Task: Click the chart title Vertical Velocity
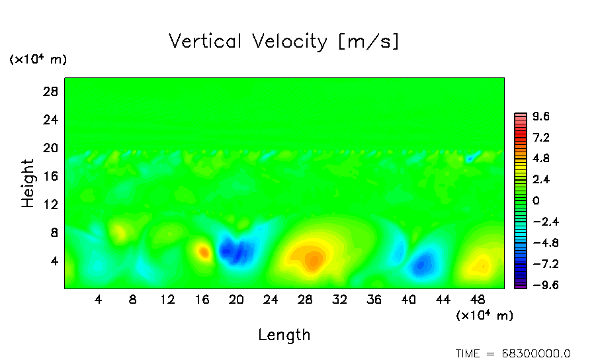pos(284,42)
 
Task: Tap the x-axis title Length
pos(284,335)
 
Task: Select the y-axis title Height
pos(28,183)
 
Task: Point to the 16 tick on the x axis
pos(202,299)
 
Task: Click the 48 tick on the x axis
pos(477,299)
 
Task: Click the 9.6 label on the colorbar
pos(541,116)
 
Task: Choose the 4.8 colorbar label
pos(541,159)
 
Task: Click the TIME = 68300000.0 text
pos(513,353)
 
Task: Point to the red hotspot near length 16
pos(204,251)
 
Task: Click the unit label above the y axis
pos(38,60)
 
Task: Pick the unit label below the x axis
pos(485,316)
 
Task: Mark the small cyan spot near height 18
pos(471,158)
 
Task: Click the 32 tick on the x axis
pos(339,299)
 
